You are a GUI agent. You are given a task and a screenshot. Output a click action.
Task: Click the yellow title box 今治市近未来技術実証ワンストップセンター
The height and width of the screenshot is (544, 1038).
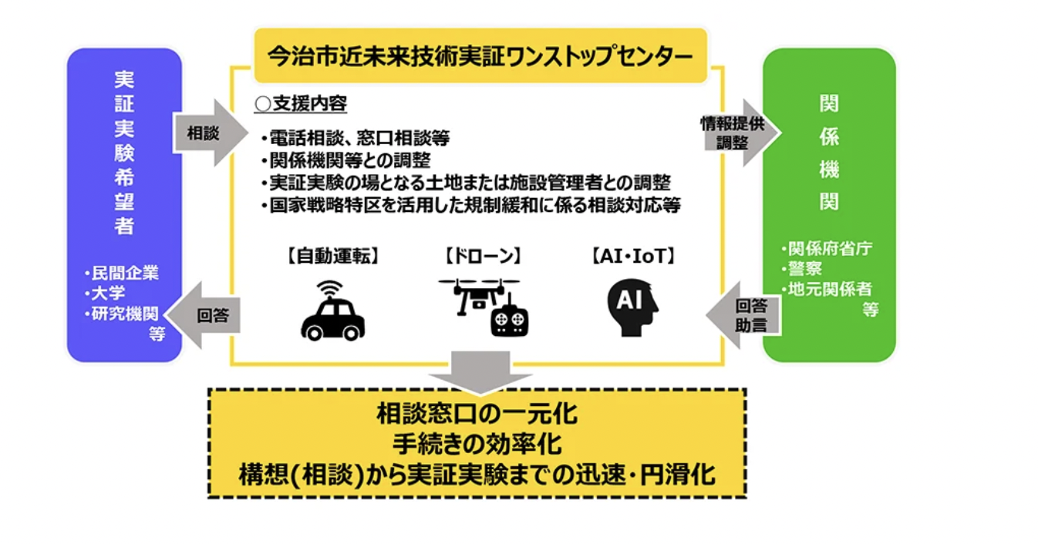pyautogui.click(x=480, y=55)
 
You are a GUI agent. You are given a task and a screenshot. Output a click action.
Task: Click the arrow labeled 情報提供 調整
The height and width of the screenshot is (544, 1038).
pyautogui.click(x=735, y=133)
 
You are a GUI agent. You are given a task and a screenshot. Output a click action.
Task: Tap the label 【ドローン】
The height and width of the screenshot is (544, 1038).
pyautogui.click(x=483, y=256)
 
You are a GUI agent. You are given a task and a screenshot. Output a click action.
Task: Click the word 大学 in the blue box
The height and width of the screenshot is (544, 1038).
pyautogui.click(x=108, y=294)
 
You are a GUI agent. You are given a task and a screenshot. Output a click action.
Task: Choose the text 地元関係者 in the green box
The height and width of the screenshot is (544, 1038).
pyautogui.click(x=829, y=289)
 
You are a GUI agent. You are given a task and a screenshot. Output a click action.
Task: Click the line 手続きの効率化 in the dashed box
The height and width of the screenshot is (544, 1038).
pyautogui.click(x=477, y=445)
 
